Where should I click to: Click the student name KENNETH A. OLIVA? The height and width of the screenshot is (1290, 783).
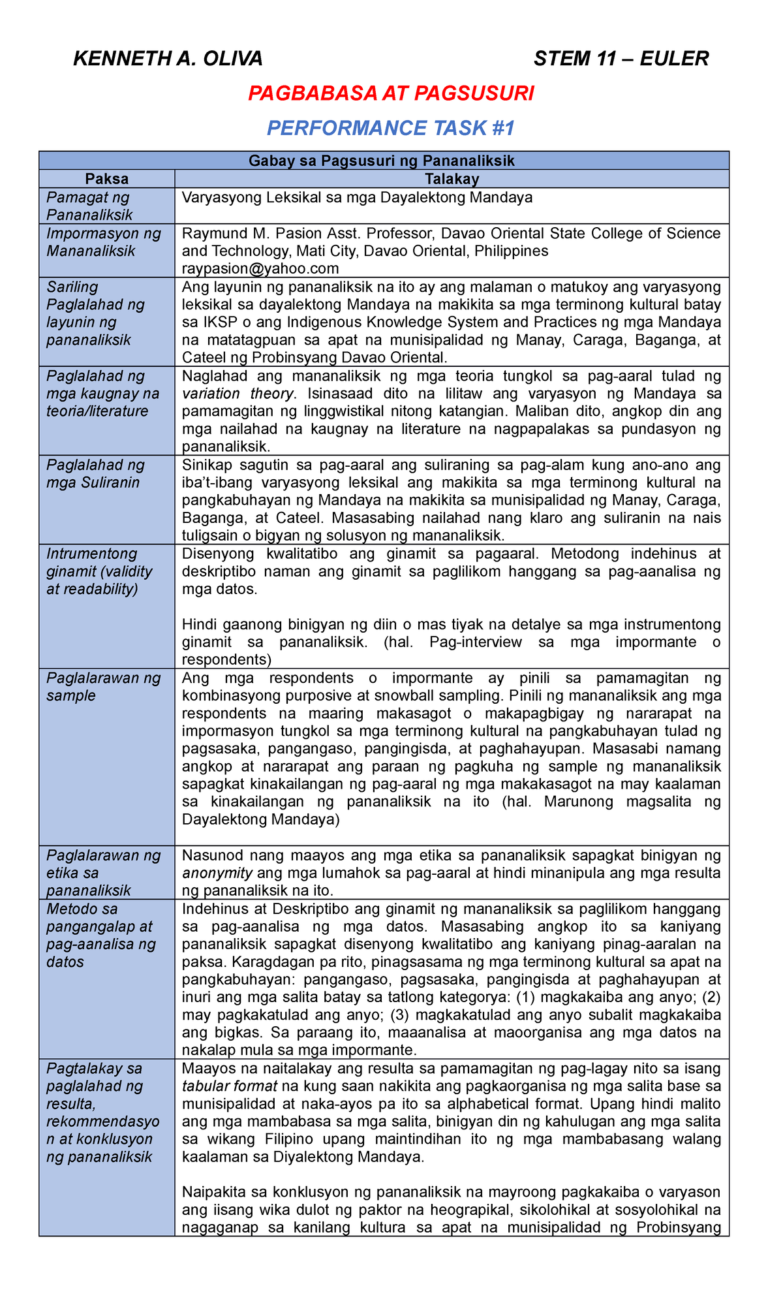pos(168,59)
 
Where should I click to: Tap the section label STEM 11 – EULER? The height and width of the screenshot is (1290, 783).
pos(621,59)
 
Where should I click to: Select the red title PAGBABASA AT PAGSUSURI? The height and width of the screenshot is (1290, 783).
pos(391,94)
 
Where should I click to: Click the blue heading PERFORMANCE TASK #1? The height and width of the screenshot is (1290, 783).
pos(391,128)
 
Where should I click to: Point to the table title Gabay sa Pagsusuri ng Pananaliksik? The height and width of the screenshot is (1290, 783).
pos(382,161)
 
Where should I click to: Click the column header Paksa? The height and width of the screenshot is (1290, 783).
pos(107,179)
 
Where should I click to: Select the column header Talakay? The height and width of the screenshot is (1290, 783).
pos(452,179)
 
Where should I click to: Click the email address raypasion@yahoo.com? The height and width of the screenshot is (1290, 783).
pos(260,268)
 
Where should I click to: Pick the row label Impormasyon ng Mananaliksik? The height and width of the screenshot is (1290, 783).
pos(103,242)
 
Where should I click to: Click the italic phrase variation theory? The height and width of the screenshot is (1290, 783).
pos(238,394)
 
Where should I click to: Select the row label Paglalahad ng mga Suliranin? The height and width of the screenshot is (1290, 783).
pos(96,473)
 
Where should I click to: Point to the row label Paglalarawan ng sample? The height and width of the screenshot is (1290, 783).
pos(103,686)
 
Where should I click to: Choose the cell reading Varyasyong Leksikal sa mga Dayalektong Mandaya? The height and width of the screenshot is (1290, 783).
pos(357,198)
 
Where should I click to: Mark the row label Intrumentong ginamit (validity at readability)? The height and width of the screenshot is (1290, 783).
pos(99,571)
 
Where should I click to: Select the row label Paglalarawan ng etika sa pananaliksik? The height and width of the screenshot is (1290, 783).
pos(103,873)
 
